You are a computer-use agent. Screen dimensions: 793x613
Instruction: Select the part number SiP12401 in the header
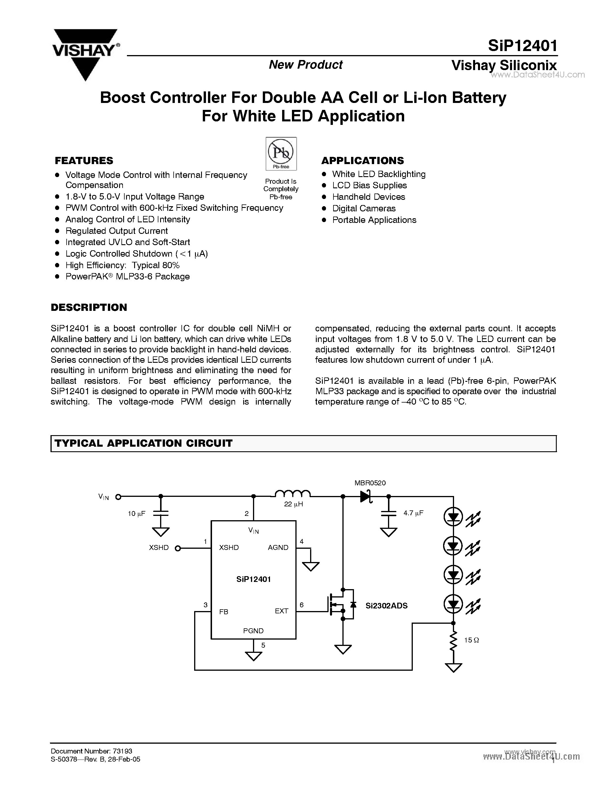522,46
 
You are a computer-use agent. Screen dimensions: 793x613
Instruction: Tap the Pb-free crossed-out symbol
281,153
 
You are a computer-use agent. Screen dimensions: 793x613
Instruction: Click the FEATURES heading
84,161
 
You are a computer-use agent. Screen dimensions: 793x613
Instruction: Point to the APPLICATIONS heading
362,161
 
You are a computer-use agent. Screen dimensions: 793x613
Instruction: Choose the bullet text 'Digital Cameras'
364,208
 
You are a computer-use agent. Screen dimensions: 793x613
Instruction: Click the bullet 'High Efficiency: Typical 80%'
122,265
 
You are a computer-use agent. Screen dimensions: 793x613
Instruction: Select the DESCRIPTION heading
89,307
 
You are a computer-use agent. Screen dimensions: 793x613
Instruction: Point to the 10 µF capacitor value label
136,513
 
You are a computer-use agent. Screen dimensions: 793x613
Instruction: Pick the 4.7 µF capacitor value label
413,513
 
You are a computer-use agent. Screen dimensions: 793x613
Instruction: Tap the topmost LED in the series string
453,517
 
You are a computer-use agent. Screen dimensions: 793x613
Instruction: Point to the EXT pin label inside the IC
282,611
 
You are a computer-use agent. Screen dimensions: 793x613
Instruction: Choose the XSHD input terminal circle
178,549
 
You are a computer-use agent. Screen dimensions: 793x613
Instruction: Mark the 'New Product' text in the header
306,65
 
